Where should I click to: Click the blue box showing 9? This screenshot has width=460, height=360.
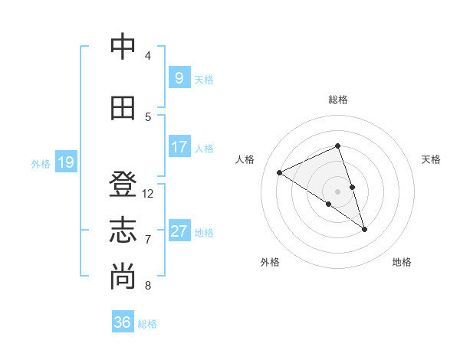point(179,77)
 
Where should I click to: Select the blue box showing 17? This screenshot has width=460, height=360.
point(179,146)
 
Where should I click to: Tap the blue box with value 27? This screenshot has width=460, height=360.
point(179,231)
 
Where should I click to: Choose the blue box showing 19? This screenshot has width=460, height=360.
point(65,162)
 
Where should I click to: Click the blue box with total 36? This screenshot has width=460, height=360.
point(122,322)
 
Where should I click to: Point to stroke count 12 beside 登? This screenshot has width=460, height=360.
point(148,194)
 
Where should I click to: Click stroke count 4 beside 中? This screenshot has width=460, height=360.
point(148,56)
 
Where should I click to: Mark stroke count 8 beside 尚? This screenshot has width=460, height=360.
point(148,286)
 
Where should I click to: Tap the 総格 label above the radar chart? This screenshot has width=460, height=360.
point(337,100)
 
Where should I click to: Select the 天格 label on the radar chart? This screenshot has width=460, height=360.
point(431,159)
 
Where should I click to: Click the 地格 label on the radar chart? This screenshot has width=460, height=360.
point(402,262)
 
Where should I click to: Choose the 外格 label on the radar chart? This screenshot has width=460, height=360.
point(270,262)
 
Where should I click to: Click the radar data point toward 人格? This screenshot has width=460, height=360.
point(279,172)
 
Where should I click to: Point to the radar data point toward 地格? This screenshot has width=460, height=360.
point(364,229)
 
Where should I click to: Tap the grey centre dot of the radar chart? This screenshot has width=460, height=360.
point(337,191)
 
